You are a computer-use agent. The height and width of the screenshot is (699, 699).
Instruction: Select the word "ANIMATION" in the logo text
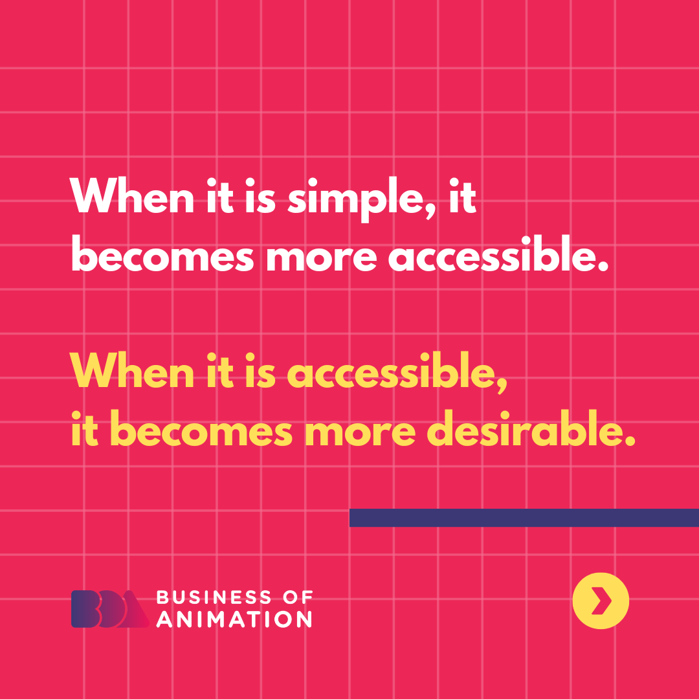[x=234, y=619]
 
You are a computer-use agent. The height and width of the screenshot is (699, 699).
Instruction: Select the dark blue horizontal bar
[x=524, y=518]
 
